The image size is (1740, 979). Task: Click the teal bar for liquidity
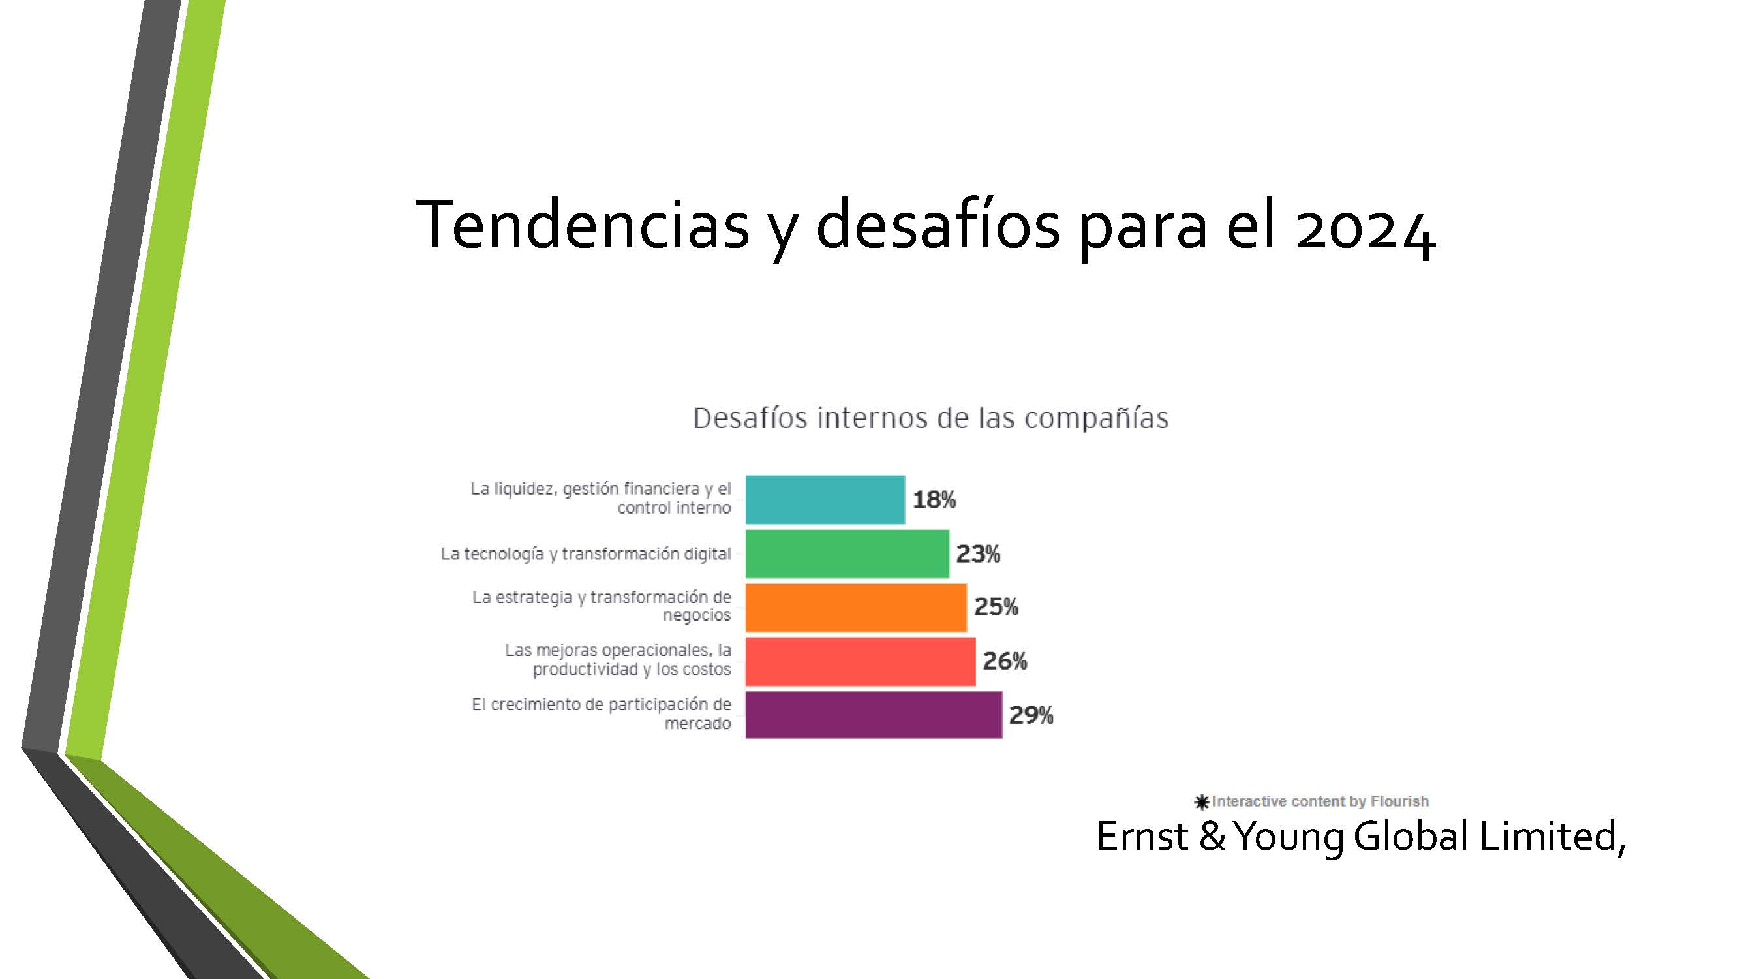point(825,499)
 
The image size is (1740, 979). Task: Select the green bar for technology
point(847,553)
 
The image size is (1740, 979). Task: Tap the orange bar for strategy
point(856,608)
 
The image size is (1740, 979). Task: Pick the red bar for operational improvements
point(861,661)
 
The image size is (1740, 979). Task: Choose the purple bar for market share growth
point(874,715)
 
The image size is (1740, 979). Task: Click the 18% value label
point(934,500)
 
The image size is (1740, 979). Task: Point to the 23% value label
point(978,554)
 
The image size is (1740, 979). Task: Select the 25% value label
point(996,607)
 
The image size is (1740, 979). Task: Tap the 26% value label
point(1005,660)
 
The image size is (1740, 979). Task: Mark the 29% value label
point(1031,715)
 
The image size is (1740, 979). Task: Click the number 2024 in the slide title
point(1365,226)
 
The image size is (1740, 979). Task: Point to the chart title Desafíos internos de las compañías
point(931,418)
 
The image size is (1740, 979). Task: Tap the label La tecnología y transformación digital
point(586,554)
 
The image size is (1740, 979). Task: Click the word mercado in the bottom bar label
point(697,724)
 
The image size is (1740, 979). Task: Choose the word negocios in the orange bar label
point(696,615)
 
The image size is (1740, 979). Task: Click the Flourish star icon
point(1202,802)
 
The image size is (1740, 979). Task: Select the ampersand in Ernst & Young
point(1212,837)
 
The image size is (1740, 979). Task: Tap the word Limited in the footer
point(1551,838)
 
